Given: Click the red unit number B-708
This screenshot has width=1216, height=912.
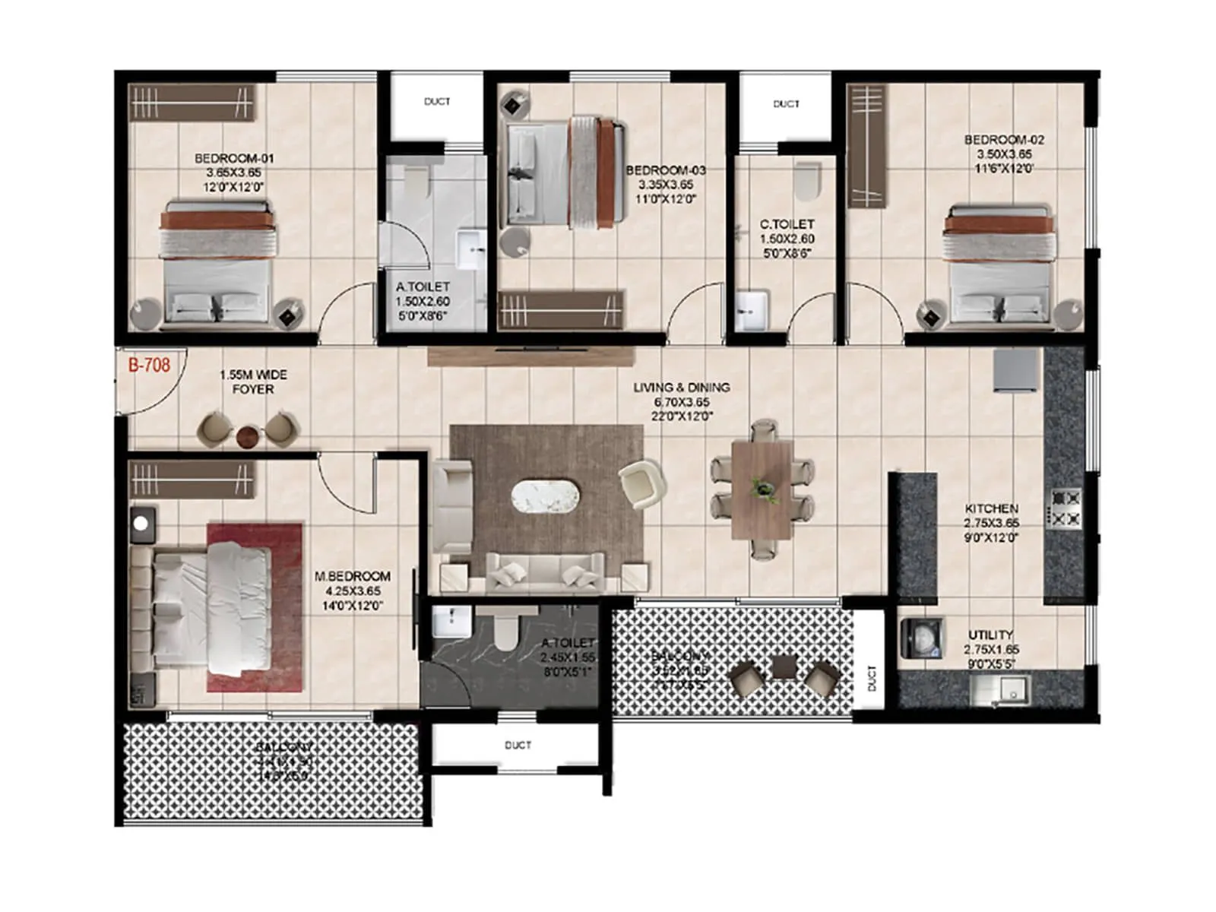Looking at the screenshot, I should [149, 366].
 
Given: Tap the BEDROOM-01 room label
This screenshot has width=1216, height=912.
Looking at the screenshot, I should [233, 159].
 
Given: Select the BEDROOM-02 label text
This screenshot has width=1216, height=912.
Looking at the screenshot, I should [1004, 140].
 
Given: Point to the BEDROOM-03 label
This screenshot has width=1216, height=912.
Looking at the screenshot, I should [666, 170].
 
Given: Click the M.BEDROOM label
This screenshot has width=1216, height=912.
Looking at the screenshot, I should [353, 577].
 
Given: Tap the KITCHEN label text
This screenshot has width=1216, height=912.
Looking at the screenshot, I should [991, 508].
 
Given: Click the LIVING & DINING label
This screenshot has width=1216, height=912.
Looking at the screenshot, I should [682, 388].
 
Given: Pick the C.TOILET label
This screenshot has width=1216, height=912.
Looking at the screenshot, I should [787, 225].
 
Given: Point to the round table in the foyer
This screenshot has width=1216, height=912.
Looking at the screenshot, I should [248, 437].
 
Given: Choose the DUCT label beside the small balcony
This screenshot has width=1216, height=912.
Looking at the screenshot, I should [871, 677].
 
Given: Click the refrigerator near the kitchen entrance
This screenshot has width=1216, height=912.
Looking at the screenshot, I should [1015, 370].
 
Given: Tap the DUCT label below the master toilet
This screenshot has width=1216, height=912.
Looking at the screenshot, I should [518, 746].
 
